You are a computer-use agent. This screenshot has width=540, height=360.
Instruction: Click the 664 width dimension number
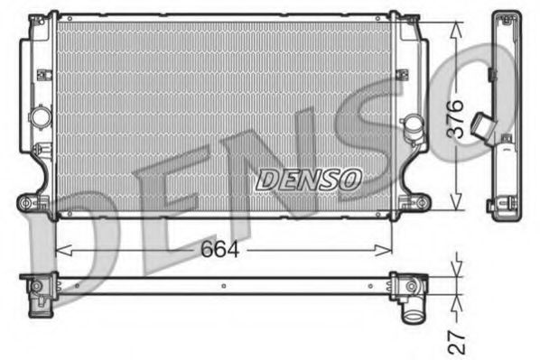point(220,250)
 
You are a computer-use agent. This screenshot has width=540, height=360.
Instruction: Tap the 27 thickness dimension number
point(458,340)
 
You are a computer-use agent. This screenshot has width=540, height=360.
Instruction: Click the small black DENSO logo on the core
point(309,180)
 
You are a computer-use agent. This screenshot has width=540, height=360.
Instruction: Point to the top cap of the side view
point(503,17)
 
